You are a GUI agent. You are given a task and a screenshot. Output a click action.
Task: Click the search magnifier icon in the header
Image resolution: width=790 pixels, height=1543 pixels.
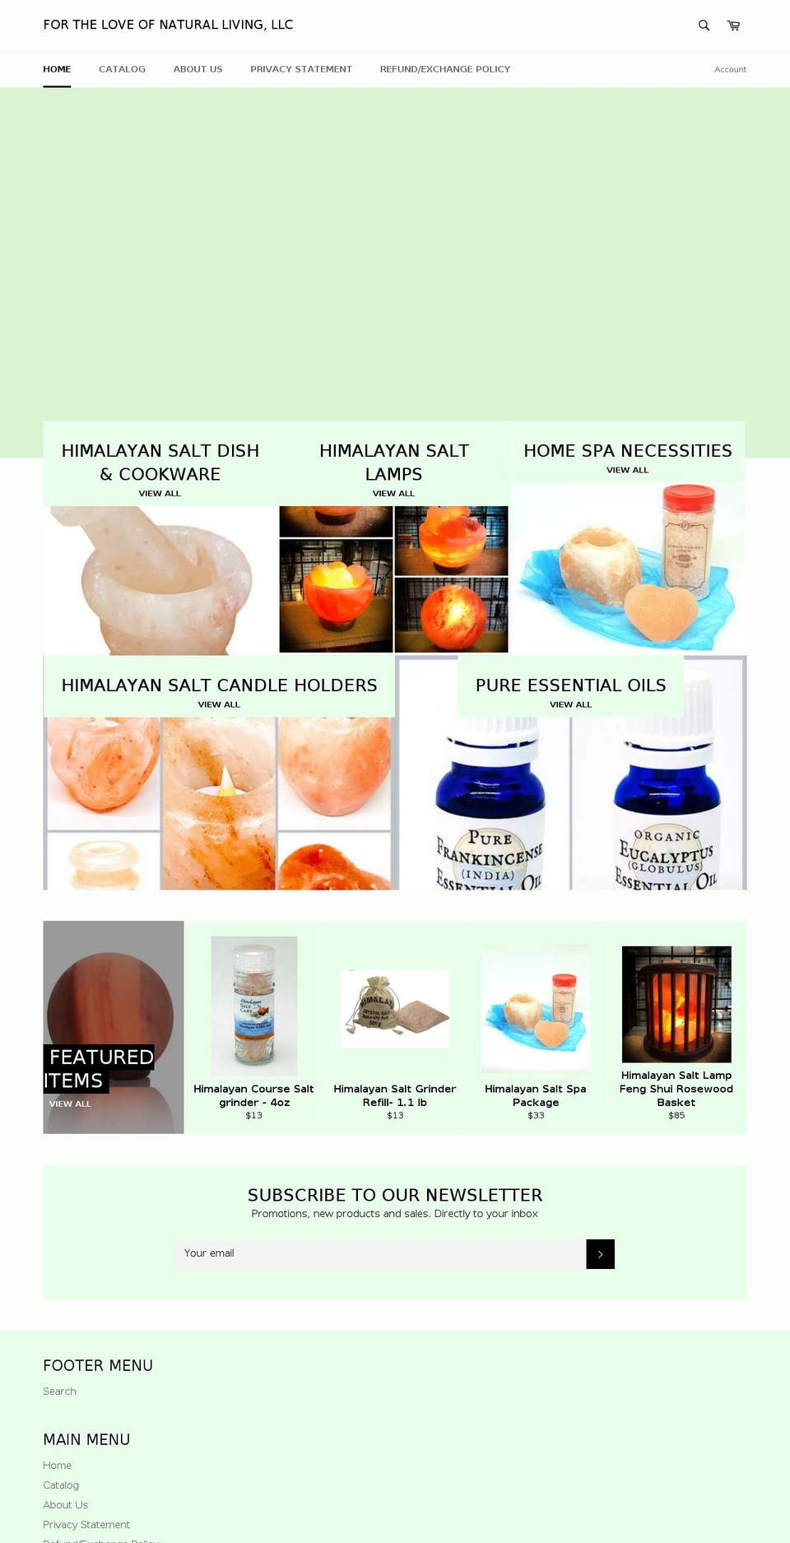[x=704, y=26]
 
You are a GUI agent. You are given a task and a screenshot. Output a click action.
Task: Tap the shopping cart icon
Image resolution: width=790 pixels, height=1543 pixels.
[x=733, y=26]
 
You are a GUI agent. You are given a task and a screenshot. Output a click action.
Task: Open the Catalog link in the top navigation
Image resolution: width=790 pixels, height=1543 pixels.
[x=122, y=69]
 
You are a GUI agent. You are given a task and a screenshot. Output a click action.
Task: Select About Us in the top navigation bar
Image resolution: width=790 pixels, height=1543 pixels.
[x=197, y=69]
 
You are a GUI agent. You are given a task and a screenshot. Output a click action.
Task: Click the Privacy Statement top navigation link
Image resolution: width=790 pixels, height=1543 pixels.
[x=301, y=69]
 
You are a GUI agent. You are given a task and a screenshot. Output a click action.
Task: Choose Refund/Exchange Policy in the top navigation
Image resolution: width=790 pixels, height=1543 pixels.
[x=444, y=69]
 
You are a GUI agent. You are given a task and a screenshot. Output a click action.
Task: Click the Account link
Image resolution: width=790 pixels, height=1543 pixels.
[x=730, y=70]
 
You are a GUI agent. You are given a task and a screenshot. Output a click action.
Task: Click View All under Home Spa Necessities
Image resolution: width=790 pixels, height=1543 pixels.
[x=627, y=470]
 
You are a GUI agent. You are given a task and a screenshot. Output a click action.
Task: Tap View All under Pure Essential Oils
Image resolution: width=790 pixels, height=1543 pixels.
[x=570, y=704]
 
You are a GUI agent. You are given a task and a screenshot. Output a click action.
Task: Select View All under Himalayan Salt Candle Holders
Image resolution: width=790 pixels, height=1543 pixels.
[x=219, y=704]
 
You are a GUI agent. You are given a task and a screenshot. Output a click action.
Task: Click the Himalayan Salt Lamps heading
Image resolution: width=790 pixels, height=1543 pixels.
[x=393, y=462]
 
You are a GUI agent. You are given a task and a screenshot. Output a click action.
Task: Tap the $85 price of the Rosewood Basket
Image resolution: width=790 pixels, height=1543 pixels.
[x=676, y=1116]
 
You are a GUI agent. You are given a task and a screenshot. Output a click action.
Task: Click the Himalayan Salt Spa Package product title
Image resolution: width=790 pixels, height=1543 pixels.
[x=536, y=1095]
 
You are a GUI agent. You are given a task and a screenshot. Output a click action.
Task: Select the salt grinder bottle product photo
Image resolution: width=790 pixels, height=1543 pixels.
[x=253, y=1006]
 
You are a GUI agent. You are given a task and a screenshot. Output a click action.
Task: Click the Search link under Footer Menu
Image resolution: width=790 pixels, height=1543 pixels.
[x=59, y=1392]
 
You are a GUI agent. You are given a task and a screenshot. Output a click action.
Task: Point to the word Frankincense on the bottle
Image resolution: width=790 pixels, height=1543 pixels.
[x=490, y=857]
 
